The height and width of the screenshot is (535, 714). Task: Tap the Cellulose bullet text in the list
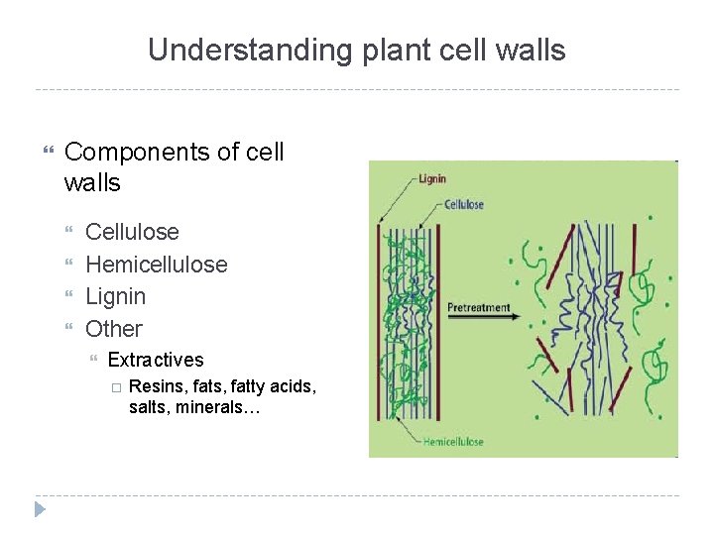click(132, 232)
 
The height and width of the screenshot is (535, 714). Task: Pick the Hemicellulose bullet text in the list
click(156, 265)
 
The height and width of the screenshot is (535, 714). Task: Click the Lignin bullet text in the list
click(115, 296)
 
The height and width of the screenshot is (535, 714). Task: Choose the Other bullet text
click(113, 329)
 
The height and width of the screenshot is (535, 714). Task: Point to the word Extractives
click(155, 360)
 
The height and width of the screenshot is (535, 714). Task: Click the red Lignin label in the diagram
click(431, 179)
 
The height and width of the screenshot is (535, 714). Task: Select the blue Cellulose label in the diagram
click(463, 205)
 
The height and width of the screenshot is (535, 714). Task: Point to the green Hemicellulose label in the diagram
click(453, 441)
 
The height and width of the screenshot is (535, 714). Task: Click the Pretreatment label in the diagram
click(478, 307)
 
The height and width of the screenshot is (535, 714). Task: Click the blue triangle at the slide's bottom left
click(40, 509)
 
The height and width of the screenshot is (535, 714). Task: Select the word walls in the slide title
click(535, 51)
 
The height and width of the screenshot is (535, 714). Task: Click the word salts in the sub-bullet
click(149, 407)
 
